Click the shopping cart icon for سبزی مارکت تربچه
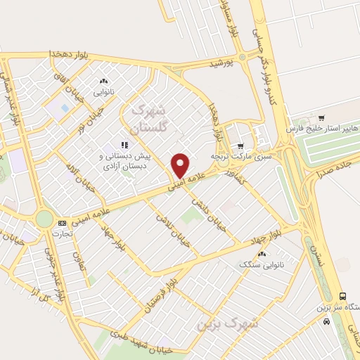point(240,127)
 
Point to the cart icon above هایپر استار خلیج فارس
point(321,117)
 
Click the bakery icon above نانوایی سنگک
point(261,254)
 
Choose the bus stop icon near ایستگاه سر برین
point(342,296)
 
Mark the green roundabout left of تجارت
point(44,219)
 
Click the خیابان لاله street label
point(76,176)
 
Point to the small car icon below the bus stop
point(326,321)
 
